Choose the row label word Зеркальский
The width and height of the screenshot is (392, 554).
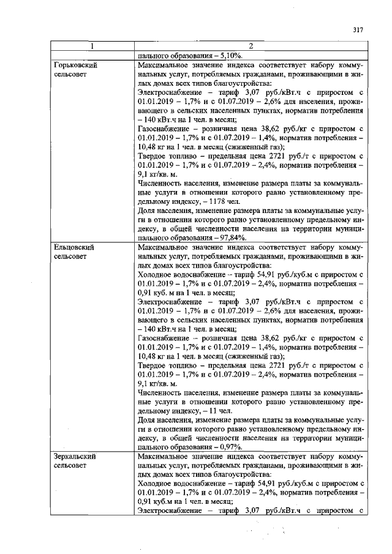click(76, 456)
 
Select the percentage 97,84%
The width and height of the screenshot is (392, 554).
click(231, 238)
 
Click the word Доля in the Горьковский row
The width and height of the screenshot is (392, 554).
click(146, 211)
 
